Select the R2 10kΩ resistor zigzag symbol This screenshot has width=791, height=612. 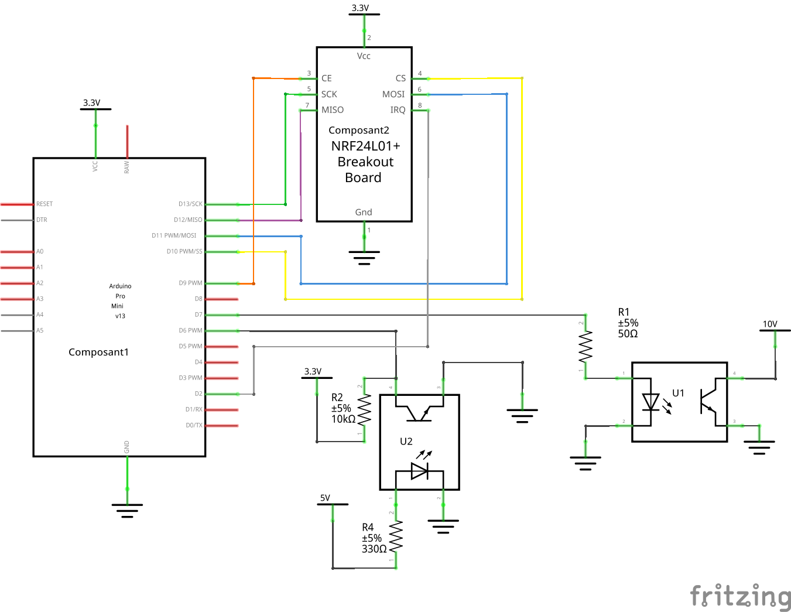click(364, 410)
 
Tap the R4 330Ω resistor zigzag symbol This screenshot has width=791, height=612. click(396, 536)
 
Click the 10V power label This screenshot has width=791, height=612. click(770, 324)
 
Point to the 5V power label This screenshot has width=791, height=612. click(325, 498)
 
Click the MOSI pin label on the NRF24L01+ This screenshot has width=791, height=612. click(393, 94)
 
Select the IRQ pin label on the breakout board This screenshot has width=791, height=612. click(398, 110)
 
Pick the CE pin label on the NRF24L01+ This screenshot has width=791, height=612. click(326, 78)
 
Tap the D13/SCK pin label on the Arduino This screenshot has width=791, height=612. click(190, 204)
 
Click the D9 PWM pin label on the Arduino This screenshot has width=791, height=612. click(190, 283)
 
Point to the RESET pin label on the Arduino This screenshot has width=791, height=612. click(44, 204)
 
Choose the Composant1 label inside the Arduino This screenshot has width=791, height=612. click(98, 352)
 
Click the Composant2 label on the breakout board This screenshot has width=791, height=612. click(358, 130)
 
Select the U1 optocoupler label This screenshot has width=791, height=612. click(678, 393)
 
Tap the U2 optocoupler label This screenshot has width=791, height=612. click(406, 441)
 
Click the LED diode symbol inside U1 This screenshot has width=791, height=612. click(650, 402)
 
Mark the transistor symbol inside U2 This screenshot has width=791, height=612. click(419, 412)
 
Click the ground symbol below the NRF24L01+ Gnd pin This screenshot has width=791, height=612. click(364, 257)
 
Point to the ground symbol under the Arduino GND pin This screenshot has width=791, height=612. click(127, 510)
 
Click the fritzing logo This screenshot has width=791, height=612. click(740, 596)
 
